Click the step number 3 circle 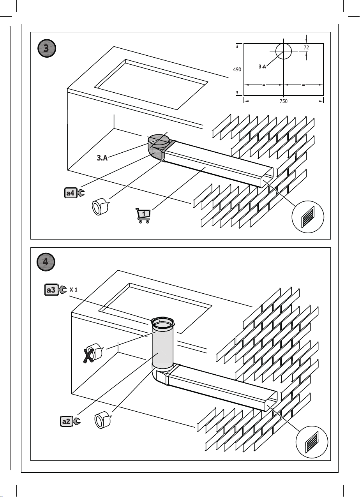46,48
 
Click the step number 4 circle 46,262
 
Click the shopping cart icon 143,215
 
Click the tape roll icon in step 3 100,206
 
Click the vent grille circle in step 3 308,217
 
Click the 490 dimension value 237,69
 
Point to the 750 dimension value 283,101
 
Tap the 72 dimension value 306,47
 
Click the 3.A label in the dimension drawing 262,66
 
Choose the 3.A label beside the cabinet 102,158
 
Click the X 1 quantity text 74,289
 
